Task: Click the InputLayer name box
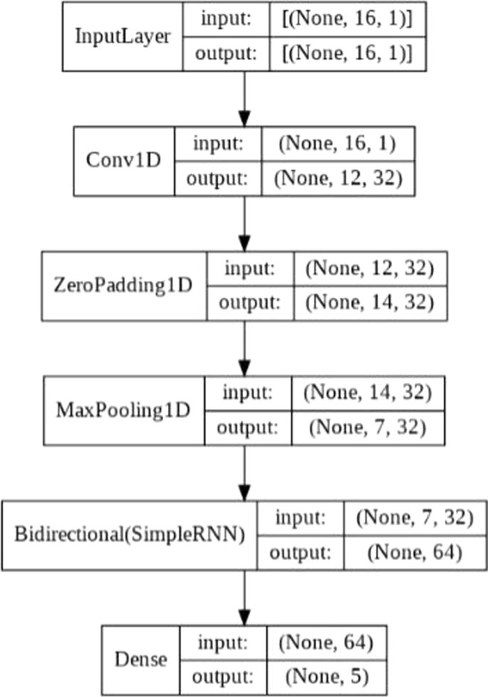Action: (123, 36)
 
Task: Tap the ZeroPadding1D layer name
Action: (123, 285)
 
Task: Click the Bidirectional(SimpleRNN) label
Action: (130, 535)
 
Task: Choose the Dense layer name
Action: (140, 659)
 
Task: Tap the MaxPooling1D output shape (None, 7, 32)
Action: (366, 428)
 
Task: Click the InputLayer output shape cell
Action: (347, 53)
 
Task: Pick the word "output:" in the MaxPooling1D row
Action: (247, 428)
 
